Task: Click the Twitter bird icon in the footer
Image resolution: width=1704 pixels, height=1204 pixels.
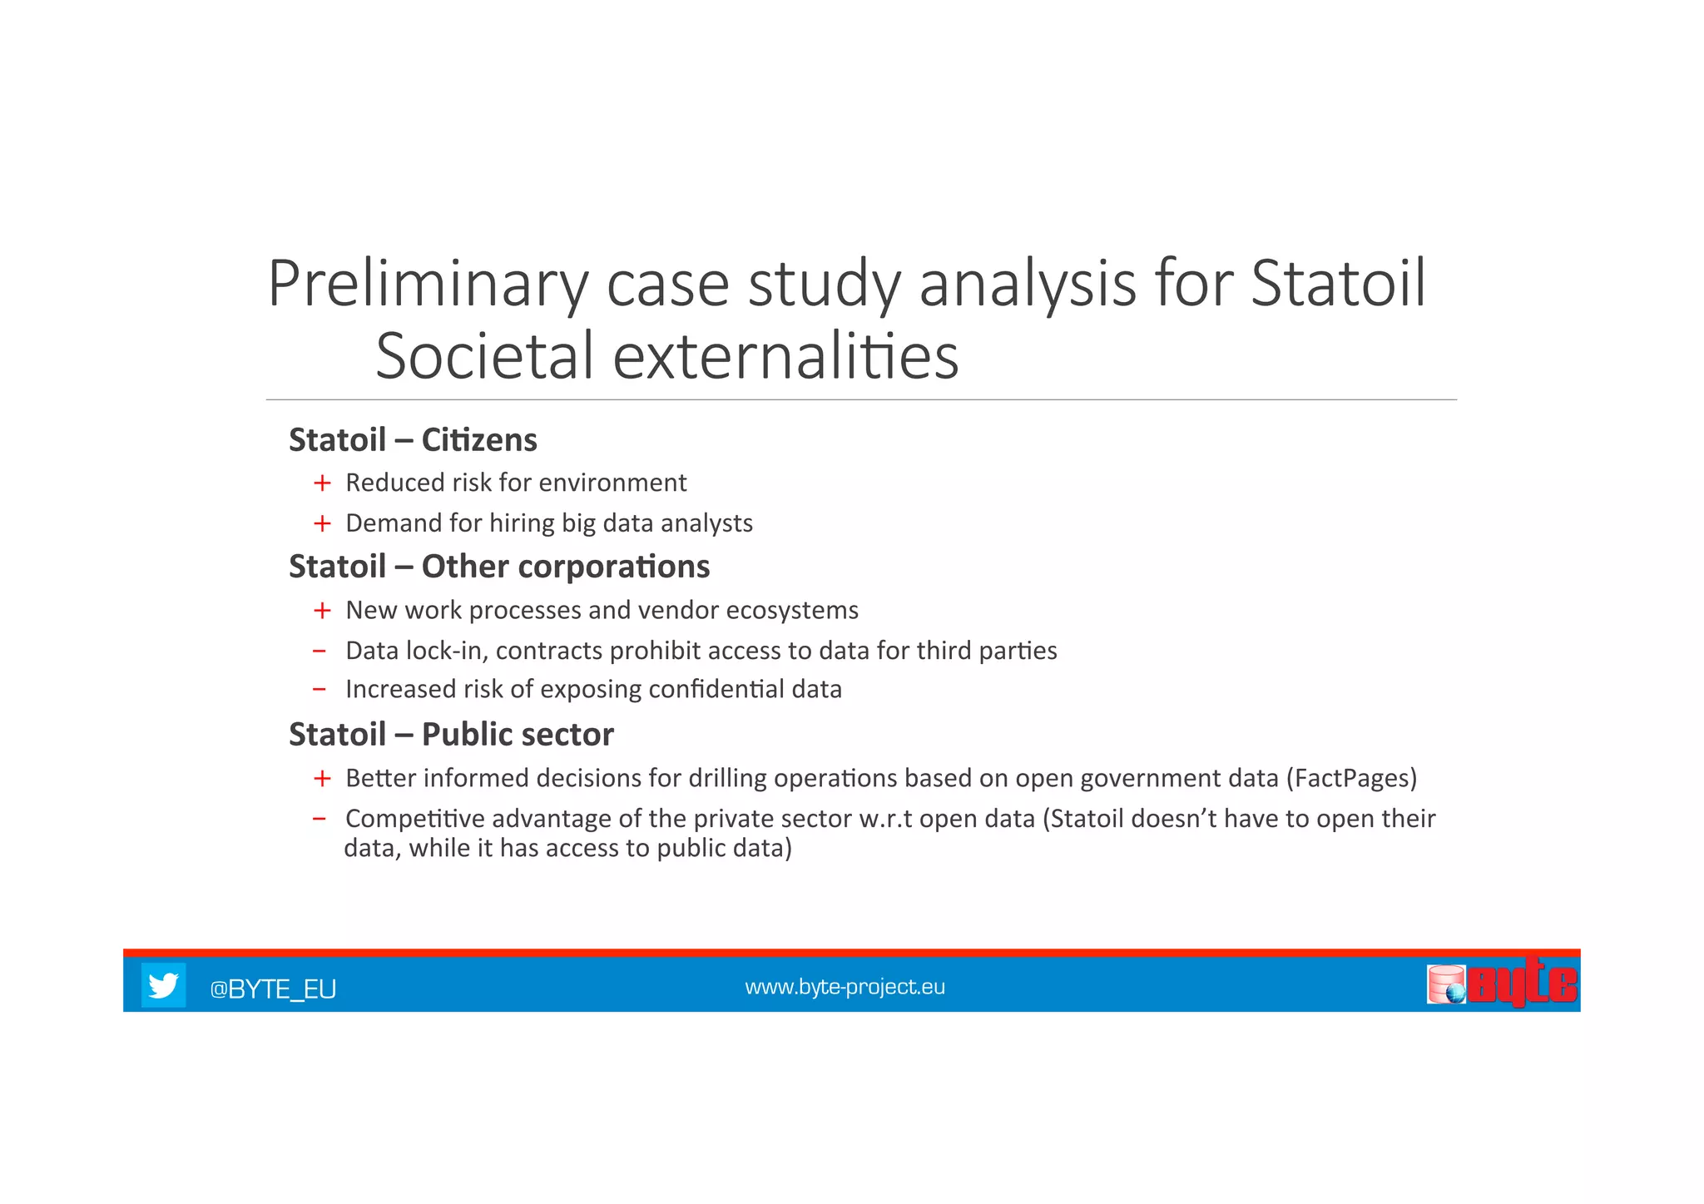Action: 163,985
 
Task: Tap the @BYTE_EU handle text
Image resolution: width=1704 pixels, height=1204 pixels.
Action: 273,989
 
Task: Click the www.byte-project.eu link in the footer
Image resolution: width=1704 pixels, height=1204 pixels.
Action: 845,987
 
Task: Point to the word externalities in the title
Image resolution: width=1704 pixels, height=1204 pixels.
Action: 785,356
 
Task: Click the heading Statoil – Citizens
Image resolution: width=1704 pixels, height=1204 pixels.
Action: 413,440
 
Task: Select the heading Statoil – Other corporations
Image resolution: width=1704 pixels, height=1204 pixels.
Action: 499,567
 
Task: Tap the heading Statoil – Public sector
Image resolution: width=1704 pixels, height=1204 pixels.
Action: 451,735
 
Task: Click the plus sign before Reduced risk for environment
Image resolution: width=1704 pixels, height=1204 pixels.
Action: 322,483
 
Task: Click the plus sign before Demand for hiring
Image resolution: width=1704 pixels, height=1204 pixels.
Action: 322,523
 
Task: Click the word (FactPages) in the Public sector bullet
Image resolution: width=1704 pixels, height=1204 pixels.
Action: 1351,778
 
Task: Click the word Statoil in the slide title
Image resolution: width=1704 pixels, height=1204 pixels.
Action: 1339,285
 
